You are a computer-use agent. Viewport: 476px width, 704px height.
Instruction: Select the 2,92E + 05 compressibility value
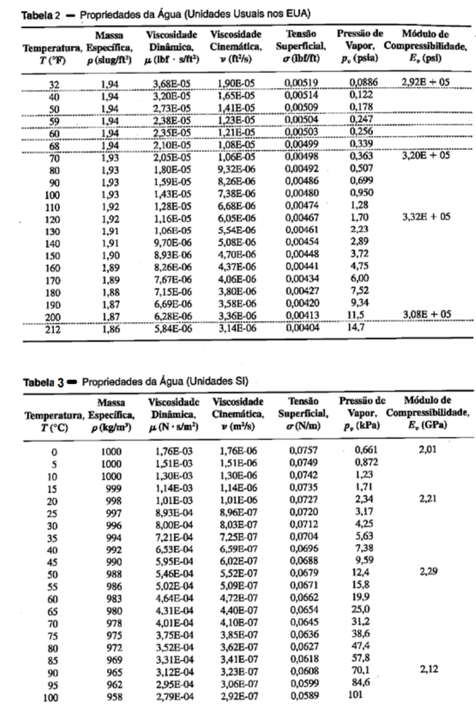pos(425,82)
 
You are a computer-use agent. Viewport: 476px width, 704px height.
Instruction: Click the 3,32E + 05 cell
pos(425,217)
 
